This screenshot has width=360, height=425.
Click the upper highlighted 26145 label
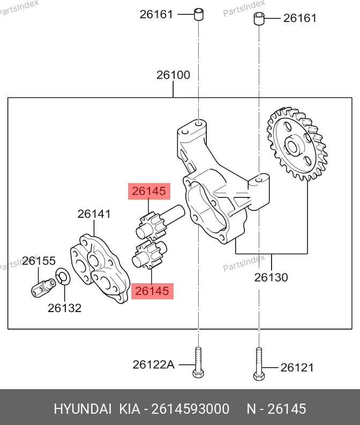149,192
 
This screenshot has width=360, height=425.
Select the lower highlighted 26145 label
152,291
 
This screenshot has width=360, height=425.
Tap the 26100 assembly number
173,75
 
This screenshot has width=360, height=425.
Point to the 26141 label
94,214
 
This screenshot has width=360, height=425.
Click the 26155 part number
39,261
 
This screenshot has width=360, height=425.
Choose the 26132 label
65,308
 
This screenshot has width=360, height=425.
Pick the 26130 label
271,277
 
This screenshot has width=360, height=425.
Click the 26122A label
154,365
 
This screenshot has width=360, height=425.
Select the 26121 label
297,368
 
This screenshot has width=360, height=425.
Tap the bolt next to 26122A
198,363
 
